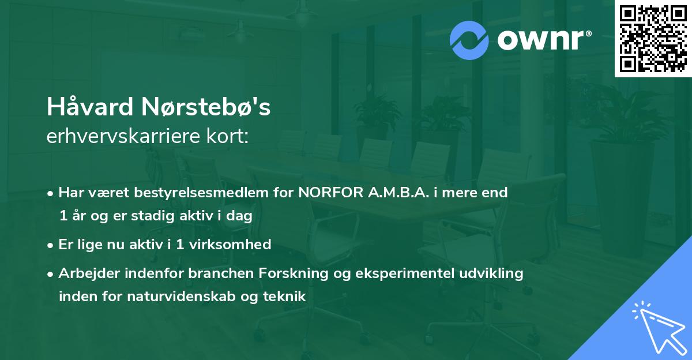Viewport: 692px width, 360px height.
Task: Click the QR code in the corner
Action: [x=653, y=39]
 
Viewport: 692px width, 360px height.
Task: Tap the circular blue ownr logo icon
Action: [x=469, y=40]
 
